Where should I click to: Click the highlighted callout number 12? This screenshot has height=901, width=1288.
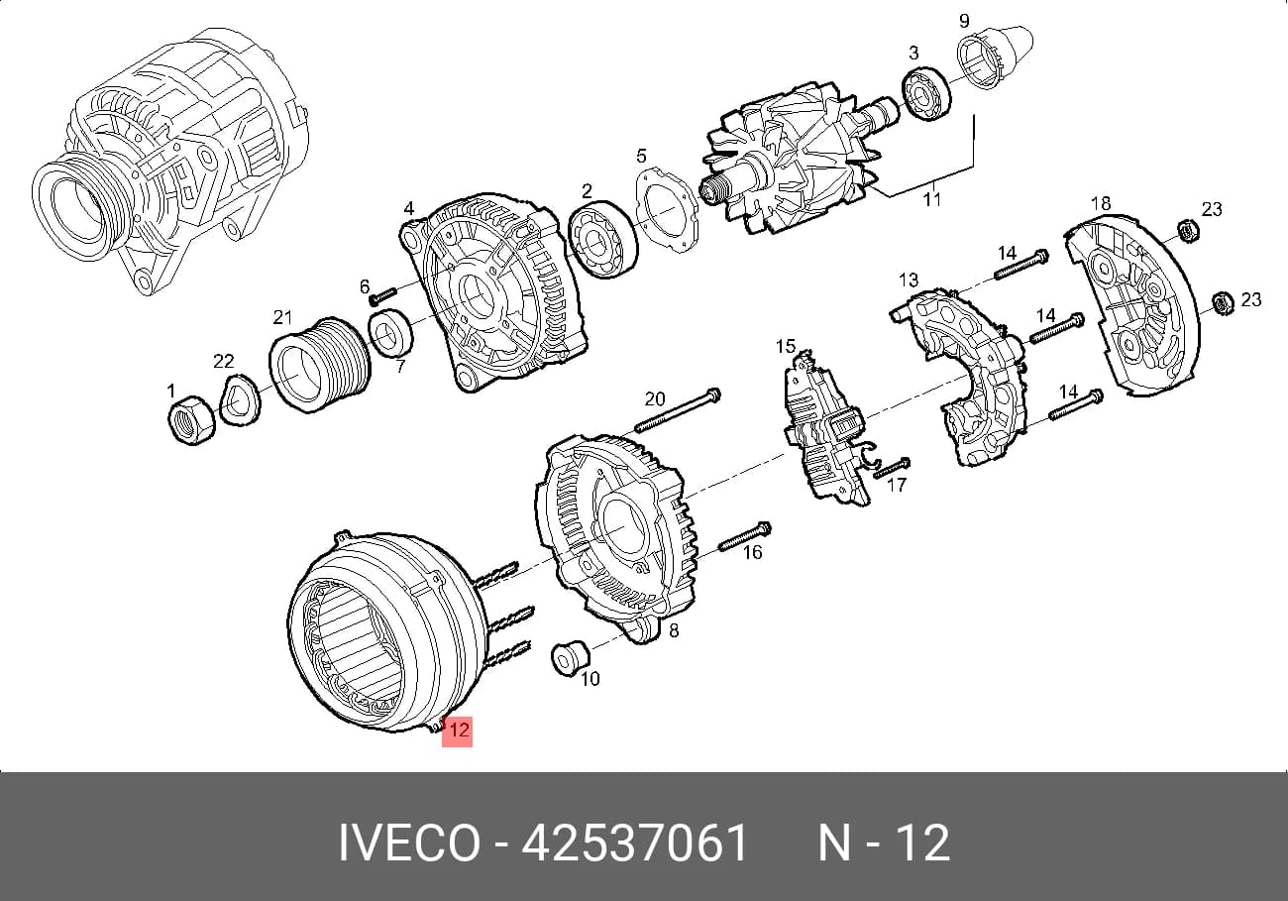pyautogui.click(x=458, y=731)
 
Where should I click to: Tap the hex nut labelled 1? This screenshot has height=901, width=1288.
pyautogui.click(x=191, y=420)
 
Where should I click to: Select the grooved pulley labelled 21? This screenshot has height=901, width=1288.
pyautogui.click(x=320, y=365)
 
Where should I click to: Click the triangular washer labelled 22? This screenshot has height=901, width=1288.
pyautogui.click(x=241, y=400)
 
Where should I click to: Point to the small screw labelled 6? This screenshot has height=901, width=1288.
pyautogui.click(x=383, y=296)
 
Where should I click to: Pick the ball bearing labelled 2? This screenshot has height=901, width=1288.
pyautogui.click(x=602, y=240)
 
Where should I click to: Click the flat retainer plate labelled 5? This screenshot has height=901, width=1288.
pyautogui.click(x=667, y=210)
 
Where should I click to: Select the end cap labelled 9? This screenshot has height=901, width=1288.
pyautogui.click(x=994, y=56)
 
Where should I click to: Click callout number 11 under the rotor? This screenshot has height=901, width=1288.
pyautogui.click(x=932, y=199)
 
